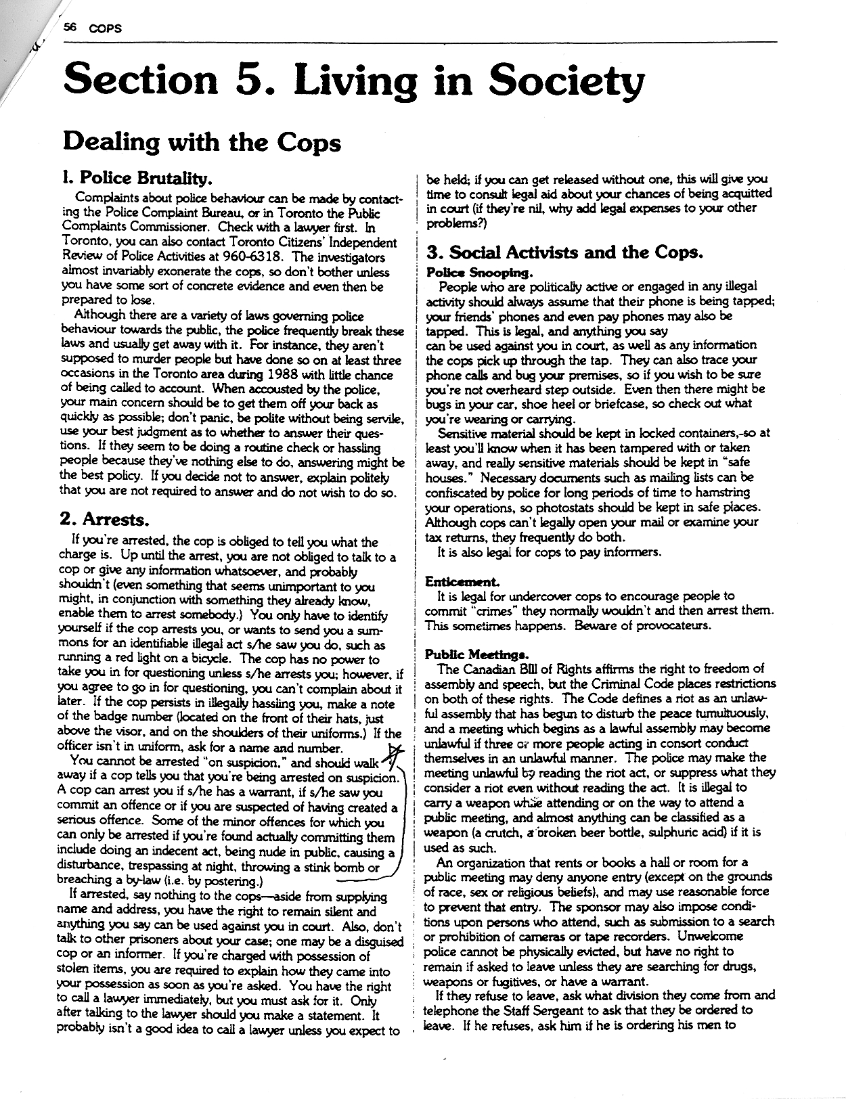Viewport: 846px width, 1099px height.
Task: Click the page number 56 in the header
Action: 70,28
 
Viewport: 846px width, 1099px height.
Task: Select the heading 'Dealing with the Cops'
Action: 201,143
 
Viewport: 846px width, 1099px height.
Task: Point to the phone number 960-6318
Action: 250,257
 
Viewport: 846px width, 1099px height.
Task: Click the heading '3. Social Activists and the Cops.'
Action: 565,252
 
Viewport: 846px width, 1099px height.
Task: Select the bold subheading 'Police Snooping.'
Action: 478,272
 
